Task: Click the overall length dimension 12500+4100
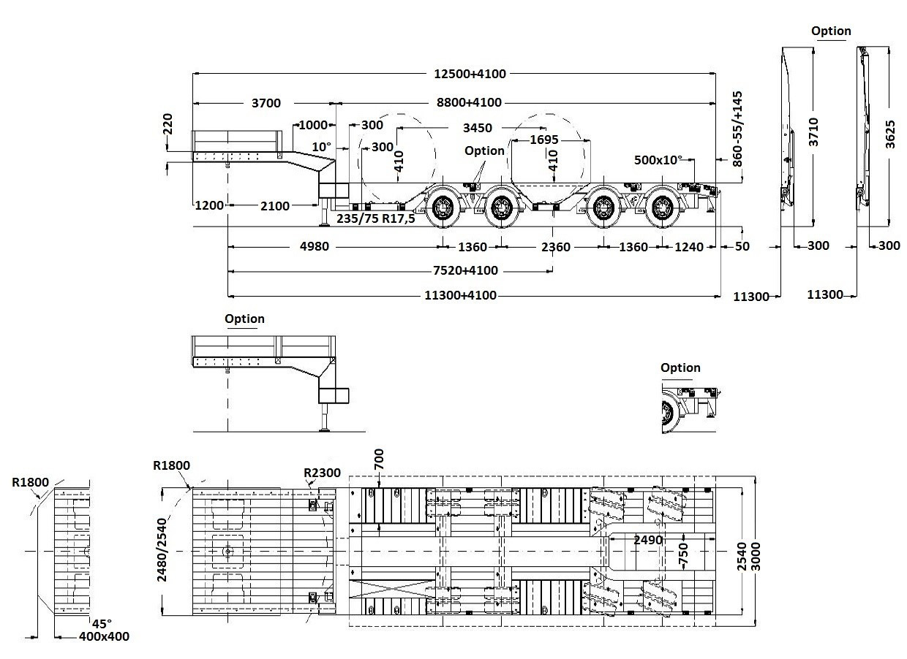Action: pos(470,73)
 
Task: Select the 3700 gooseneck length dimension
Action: pos(266,103)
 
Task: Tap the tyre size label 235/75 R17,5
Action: pos(375,218)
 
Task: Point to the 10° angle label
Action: pos(321,146)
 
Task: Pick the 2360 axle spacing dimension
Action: pos(555,247)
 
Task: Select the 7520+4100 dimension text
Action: pos(465,270)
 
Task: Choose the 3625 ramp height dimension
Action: pos(890,132)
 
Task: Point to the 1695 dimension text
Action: pos(543,140)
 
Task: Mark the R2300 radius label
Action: pos(323,473)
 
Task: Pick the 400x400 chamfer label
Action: pos(104,636)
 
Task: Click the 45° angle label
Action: pos(102,623)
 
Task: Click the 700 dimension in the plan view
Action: pos(378,460)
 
